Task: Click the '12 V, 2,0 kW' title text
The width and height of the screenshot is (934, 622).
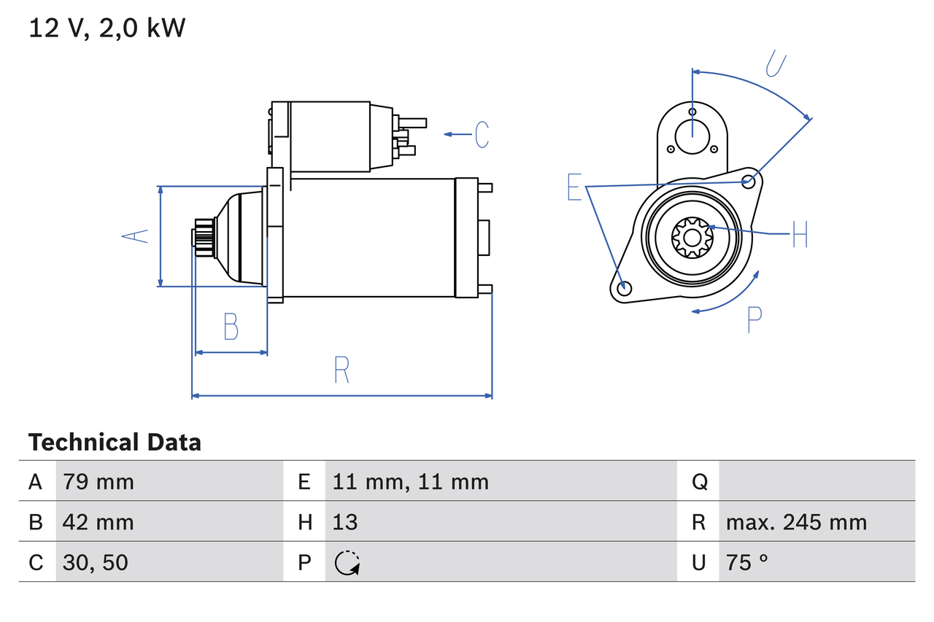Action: [x=107, y=28]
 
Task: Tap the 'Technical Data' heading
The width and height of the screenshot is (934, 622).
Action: [x=115, y=443]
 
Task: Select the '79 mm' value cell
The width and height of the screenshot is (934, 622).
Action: [x=99, y=481]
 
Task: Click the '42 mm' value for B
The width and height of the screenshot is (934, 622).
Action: [x=99, y=522]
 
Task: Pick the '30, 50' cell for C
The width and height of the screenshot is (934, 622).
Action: [x=96, y=562]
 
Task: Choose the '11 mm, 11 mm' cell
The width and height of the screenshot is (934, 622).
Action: [x=410, y=481]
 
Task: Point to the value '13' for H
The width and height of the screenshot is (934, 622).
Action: [x=345, y=522]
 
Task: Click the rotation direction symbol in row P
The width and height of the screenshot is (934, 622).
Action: [x=347, y=563]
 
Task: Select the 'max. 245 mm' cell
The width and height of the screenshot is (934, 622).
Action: [x=796, y=522]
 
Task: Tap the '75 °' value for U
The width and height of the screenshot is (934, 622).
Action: [x=747, y=562]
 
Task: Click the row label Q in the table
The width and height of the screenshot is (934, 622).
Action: [x=698, y=481]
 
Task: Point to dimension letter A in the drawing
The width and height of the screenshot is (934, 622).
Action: [x=134, y=236]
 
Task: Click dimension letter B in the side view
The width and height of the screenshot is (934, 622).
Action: [x=231, y=327]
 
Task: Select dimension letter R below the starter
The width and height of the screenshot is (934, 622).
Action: [x=341, y=370]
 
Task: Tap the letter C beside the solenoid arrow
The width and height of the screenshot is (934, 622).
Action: [x=482, y=134]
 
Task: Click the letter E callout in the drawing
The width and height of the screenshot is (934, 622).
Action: [x=575, y=187]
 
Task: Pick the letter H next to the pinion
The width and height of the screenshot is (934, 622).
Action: [x=800, y=234]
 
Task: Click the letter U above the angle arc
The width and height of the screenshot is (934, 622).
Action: [x=776, y=63]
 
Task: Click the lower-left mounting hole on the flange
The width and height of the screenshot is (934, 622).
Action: [x=623, y=288]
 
